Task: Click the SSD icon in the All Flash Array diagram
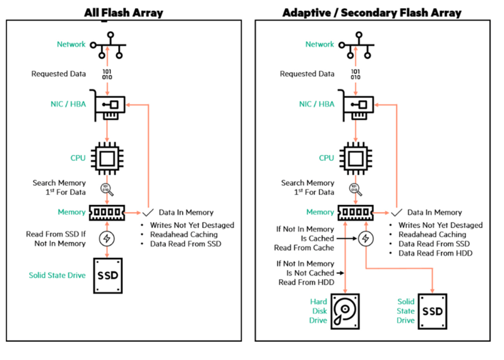pos(107,275)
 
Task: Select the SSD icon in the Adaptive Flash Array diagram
pos(432,311)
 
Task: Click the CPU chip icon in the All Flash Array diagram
pos(106,158)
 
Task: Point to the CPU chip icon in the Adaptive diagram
pos(355,158)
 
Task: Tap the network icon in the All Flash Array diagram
pos(107,47)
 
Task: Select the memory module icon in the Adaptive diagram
pos(355,212)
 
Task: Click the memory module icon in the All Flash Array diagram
pos(107,212)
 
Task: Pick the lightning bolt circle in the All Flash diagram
pos(107,239)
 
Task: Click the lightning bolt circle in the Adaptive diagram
pos(365,239)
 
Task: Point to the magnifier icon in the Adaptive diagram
pos(355,189)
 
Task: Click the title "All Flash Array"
pos(123,12)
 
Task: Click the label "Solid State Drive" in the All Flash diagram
pos(57,275)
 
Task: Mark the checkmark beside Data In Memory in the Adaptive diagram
pos(397,212)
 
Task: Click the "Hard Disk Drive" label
pos(318,311)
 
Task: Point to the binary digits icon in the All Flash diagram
pos(106,74)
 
